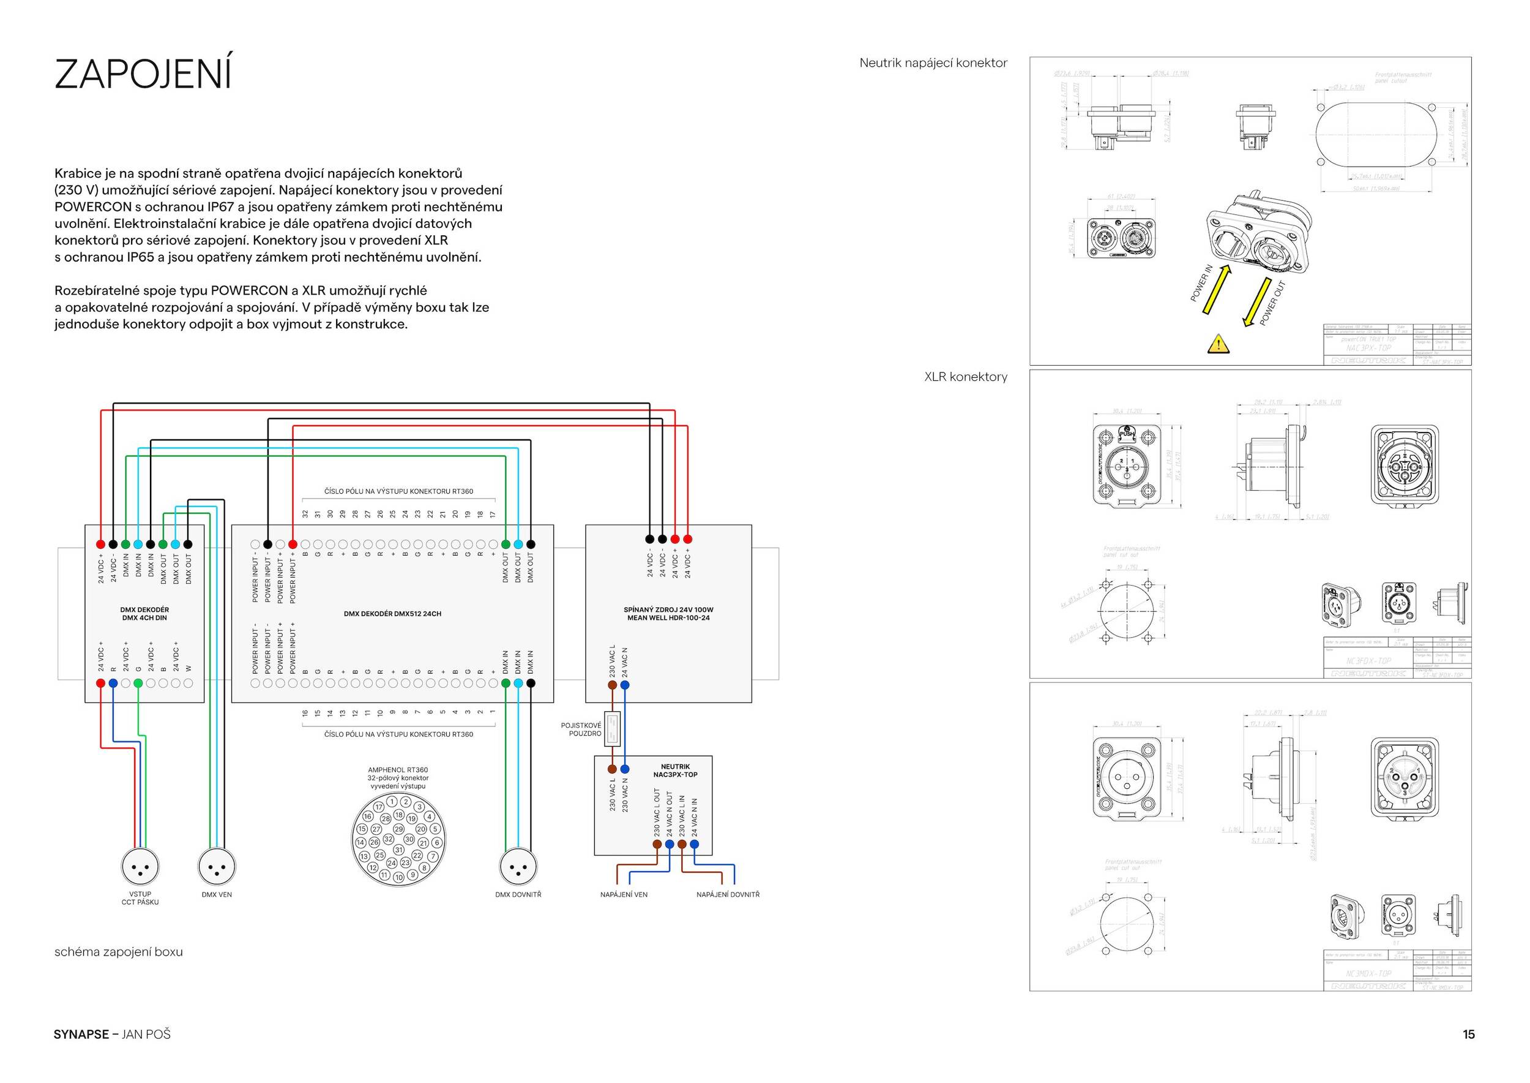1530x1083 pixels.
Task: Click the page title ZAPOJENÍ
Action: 143,74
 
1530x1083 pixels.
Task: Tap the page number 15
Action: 1469,1035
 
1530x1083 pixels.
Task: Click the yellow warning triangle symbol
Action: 1218,344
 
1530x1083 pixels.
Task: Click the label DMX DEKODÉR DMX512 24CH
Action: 392,614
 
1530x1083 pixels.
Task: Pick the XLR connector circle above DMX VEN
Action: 217,867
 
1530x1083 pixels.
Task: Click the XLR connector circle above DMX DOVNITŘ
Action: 518,867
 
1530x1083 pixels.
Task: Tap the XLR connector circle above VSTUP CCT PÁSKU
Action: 140,867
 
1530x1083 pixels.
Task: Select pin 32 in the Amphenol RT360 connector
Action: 388,839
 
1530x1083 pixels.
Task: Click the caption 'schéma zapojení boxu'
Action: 119,952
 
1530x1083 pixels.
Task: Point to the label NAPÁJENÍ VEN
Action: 624,894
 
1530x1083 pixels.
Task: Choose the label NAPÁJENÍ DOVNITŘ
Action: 728,894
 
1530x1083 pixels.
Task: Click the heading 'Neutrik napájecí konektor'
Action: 933,63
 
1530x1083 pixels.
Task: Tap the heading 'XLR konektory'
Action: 966,377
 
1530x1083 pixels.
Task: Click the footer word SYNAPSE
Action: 81,1035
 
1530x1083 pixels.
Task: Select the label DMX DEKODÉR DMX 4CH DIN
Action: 144,614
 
